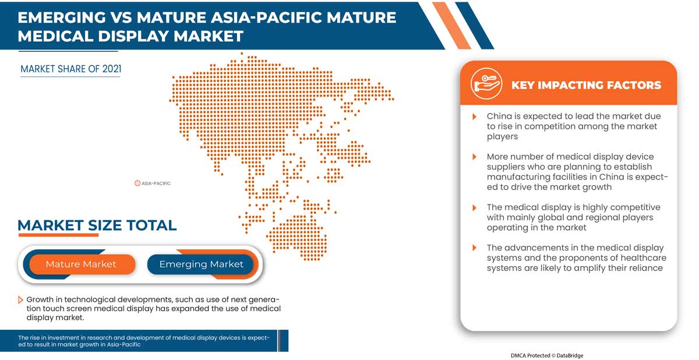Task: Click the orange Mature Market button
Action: pyautogui.click(x=81, y=264)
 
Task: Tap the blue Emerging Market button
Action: pyautogui.click(x=201, y=264)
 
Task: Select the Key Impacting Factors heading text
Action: pyautogui.click(x=586, y=85)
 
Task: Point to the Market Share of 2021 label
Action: pyautogui.click(x=70, y=69)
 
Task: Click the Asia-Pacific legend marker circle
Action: pyautogui.click(x=137, y=183)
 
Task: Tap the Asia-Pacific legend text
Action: pyautogui.click(x=156, y=183)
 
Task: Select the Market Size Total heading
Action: pyautogui.click(x=97, y=225)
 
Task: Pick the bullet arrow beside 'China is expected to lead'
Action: pyautogui.click(x=475, y=117)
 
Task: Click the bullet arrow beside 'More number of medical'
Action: pyautogui.click(x=475, y=157)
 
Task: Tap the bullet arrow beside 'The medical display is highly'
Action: pyautogui.click(x=475, y=207)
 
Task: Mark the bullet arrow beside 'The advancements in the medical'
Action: pyautogui.click(x=475, y=248)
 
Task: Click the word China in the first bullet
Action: pyautogui.click(x=499, y=117)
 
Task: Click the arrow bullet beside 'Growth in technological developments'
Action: pyautogui.click(x=21, y=299)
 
